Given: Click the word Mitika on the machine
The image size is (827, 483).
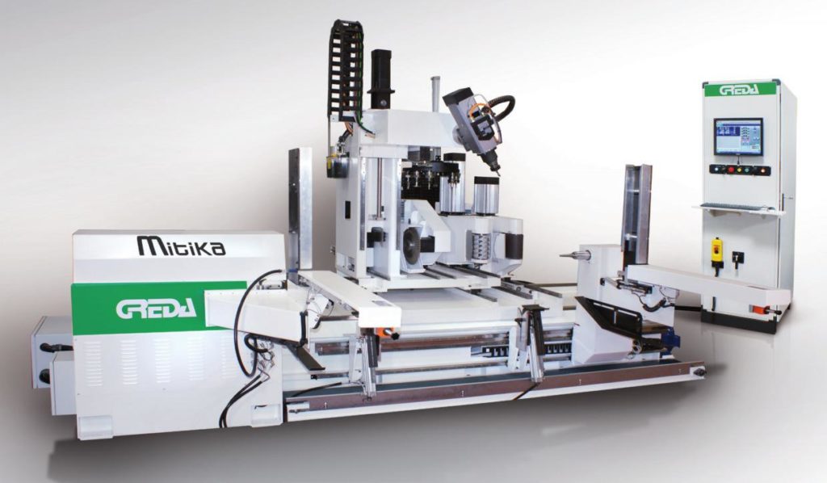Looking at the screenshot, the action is pyautogui.click(x=181, y=246).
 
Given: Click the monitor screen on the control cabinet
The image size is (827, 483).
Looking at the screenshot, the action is pyautogui.click(x=738, y=136).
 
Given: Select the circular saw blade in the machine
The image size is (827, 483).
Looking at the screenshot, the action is pyautogui.click(x=414, y=244).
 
